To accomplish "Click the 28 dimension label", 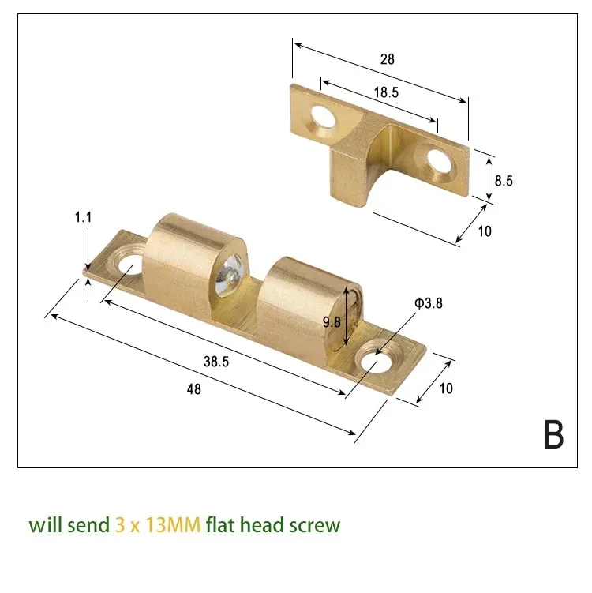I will [387, 59].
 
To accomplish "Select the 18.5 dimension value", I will [386, 92].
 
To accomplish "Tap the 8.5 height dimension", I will [504, 180].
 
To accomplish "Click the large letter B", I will [553, 434].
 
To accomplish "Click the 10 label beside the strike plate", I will [485, 231].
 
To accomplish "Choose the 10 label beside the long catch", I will [448, 388].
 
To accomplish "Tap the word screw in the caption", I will [313, 525].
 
